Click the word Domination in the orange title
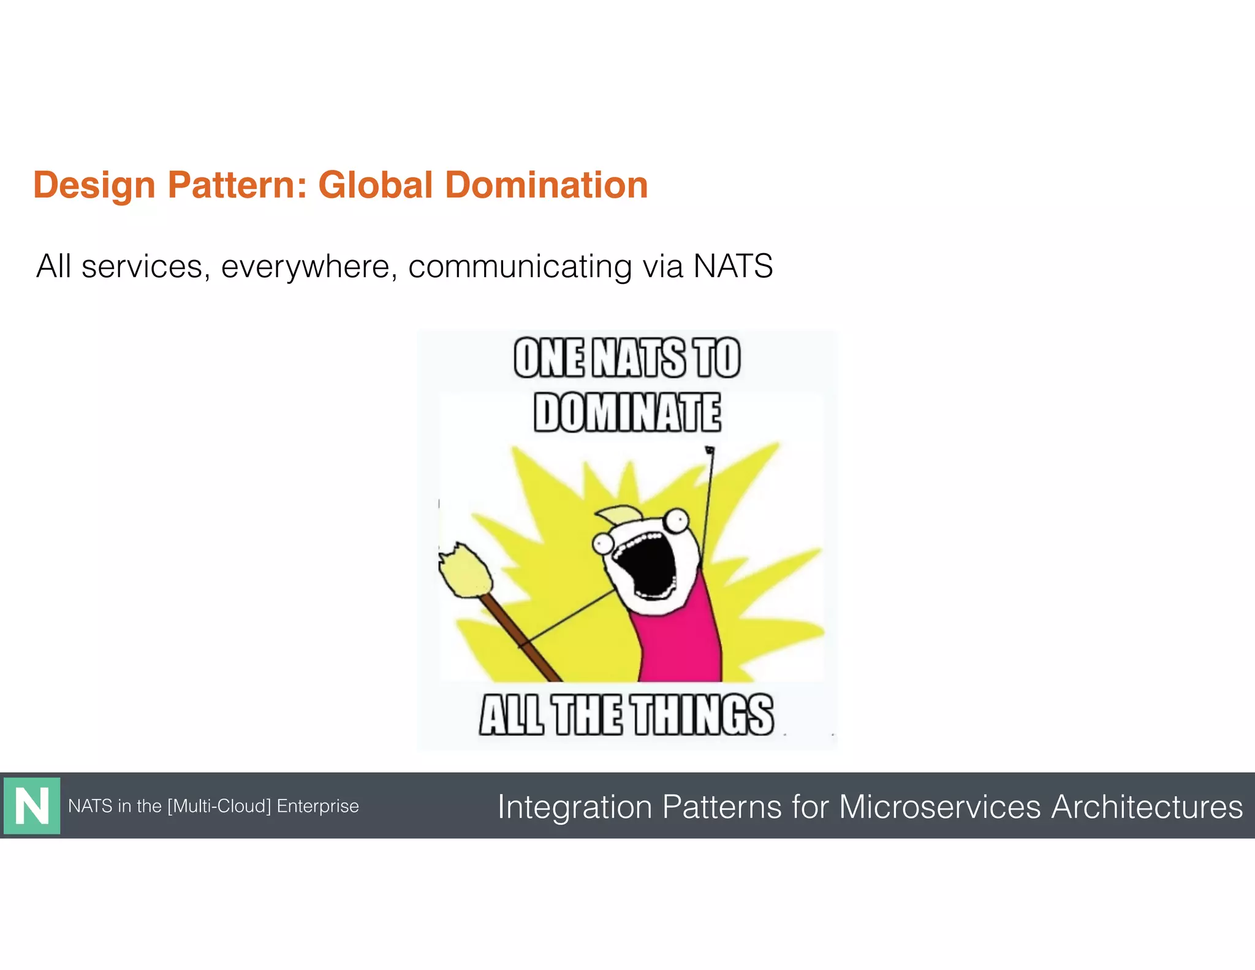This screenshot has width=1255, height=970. click(545, 185)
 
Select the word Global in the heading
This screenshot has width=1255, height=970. click(376, 185)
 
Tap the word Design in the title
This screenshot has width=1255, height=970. click(94, 185)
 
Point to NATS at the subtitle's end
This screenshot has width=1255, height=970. click(732, 267)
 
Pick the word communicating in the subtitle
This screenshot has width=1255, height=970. click(520, 267)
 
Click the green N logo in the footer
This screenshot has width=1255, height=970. click(32, 806)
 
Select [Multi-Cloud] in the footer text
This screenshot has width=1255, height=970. click(219, 806)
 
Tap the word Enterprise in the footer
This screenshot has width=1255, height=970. click(317, 806)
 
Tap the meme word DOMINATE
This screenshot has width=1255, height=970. click(627, 413)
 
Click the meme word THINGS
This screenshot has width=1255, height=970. click(703, 715)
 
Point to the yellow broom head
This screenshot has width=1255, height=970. click(464, 570)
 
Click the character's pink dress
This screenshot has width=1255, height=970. click(680, 644)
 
